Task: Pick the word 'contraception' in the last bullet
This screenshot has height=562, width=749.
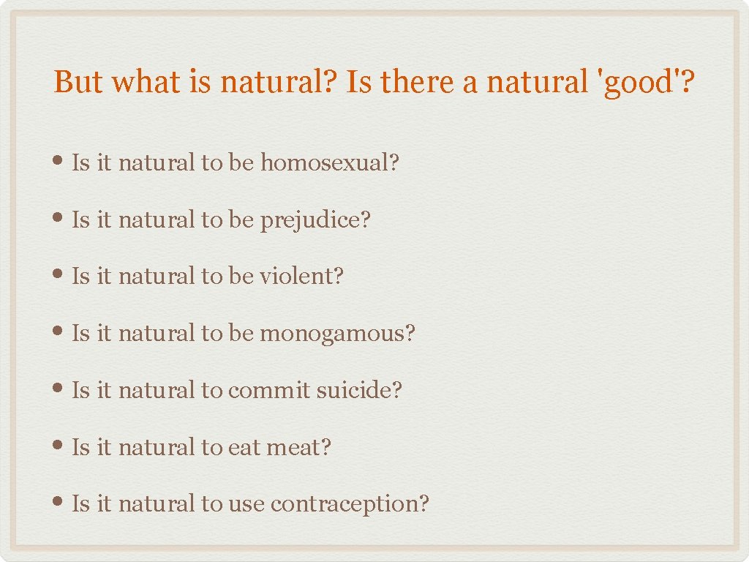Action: (344, 504)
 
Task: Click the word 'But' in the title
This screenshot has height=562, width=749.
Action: (77, 82)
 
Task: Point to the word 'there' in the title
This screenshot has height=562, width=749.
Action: (415, 82)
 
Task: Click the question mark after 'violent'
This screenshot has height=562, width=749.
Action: (338, 277)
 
